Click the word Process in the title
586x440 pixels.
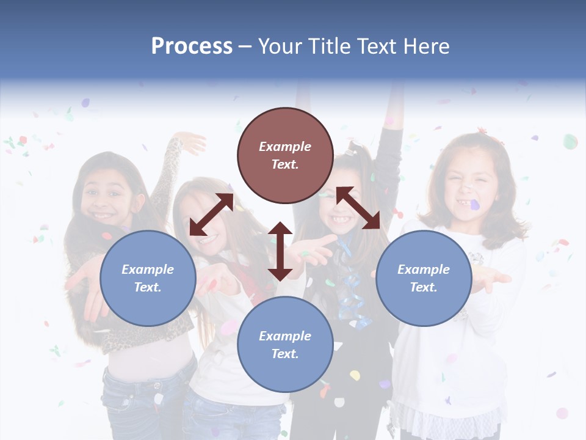[192, 46]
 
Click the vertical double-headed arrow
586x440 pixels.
[280, 251]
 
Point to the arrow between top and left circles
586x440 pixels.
[211, 215]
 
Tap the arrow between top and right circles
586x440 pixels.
[358, 208]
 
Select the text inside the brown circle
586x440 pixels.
[285, 155]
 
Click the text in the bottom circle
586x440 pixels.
[285, 345]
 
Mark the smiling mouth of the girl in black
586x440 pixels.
[339, 218]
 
